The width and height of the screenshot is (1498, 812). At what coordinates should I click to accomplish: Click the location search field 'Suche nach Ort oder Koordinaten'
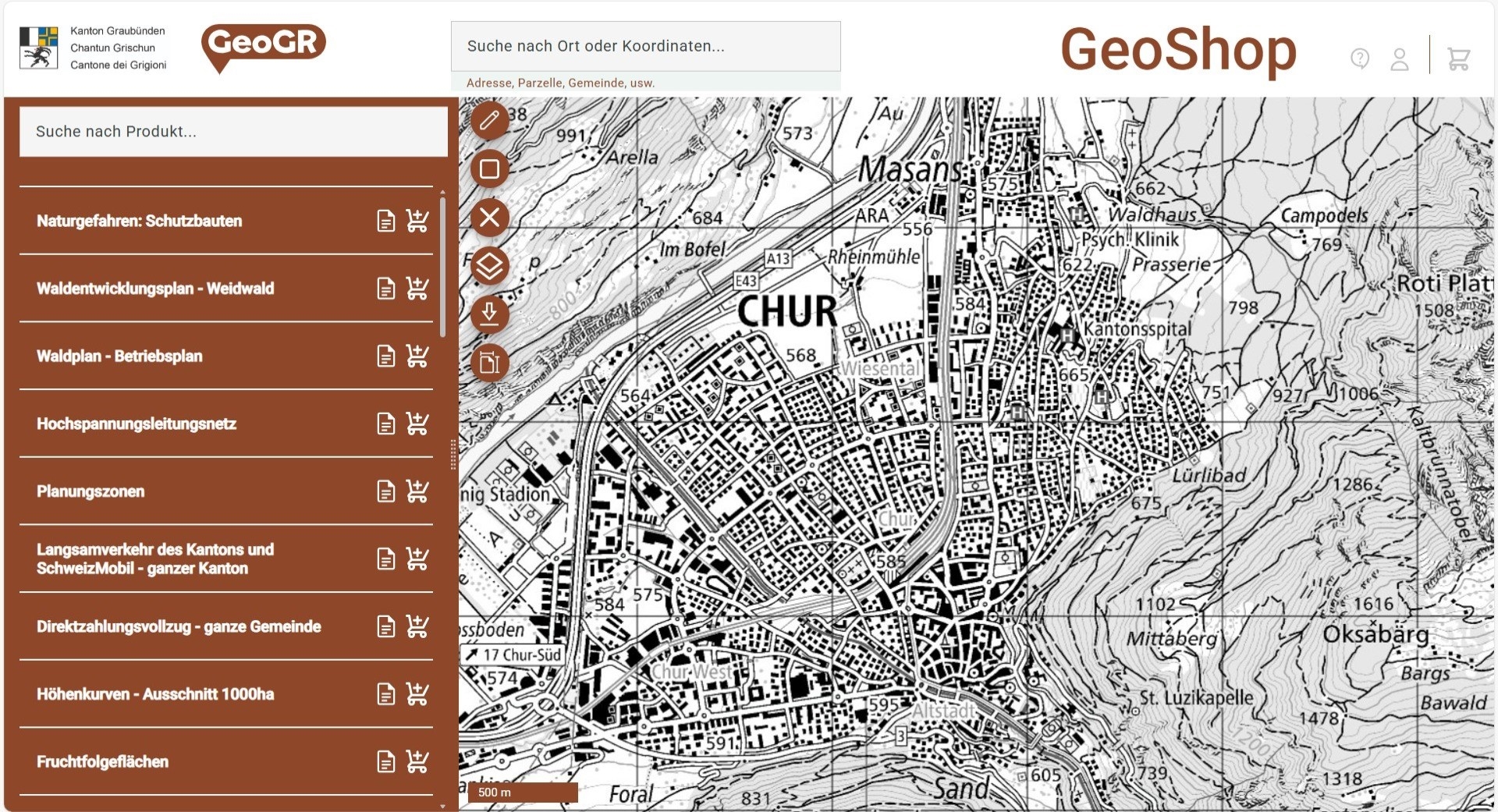coord(644,46)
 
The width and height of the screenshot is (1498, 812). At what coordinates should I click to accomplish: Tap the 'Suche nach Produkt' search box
coord(233,131)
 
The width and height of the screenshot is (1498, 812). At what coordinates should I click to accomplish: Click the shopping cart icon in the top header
coord(1457,59)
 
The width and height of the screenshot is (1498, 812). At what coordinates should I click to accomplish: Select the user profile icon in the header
coord(1400,59)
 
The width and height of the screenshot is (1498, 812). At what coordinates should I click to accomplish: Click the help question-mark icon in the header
coord(1360,59)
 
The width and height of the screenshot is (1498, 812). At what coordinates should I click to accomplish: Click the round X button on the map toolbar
coord(490,218)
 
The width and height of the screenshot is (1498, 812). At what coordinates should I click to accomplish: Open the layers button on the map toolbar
coord(490,266)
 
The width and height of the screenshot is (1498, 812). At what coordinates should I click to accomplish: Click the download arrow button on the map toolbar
coord(490,314)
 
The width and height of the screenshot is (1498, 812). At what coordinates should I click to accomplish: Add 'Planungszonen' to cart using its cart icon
coord(417,491)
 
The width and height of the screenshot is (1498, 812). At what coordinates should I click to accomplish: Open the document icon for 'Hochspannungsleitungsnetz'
coord(385,424)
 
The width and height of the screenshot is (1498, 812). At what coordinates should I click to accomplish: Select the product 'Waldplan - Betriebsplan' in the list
coord(119,356)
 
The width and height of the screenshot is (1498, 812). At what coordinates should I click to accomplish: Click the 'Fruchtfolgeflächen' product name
coord(102,762)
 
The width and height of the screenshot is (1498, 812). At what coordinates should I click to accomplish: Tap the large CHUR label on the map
coord(786,312)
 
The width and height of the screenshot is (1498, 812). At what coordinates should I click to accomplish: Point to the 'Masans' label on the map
coord(910,169)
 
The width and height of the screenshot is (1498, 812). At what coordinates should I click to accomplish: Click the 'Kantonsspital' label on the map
coord(1136,329)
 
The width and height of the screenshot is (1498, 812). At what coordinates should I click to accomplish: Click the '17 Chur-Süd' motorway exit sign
coord(514,654)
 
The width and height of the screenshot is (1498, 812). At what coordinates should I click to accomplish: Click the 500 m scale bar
coord(522,792)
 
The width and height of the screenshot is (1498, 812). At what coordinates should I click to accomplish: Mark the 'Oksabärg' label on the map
coord(1376,634)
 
